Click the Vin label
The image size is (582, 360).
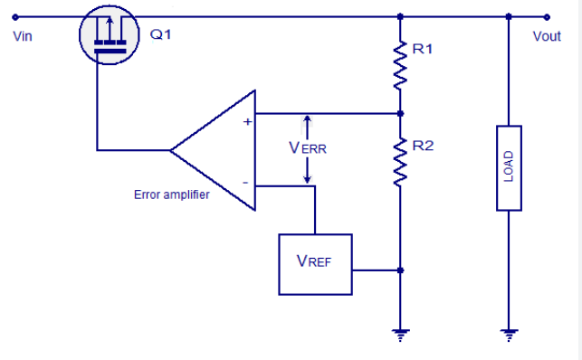click(23, 36)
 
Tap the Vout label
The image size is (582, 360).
click(547, 36)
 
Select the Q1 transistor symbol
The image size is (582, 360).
click(110, 35)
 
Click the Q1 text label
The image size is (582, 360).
click(160, 34)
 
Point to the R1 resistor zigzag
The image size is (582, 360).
click(400, 65)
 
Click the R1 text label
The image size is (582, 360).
click(423, 49)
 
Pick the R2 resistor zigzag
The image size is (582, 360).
click(400, 162)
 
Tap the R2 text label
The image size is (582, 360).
click(423, 146)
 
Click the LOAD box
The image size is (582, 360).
click(509, 168)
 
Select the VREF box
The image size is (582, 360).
click(315, 264)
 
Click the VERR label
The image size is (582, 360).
click(308, 148)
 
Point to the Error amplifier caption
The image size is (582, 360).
click(171, 194)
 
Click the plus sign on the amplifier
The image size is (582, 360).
click(247, 122)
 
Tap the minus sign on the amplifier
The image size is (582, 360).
click(245, 183)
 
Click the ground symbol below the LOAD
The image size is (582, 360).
click(509, 335)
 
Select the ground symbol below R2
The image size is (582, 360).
click(400, 335)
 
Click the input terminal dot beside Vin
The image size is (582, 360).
click(15, 16)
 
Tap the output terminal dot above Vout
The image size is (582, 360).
click(547, 16)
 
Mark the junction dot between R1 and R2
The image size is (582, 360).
click(400, 113)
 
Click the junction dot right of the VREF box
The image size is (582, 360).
click(400, 270)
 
